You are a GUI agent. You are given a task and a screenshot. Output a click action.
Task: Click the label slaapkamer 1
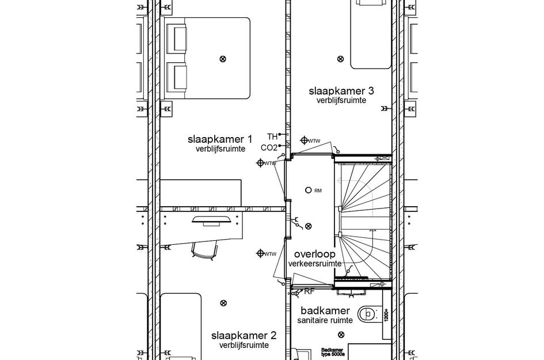pos(220,139)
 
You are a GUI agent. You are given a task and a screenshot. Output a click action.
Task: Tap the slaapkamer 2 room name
pos(244,335)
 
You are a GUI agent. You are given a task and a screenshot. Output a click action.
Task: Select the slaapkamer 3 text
pos(341,90)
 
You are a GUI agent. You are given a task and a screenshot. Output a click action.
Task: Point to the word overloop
pos(314,254)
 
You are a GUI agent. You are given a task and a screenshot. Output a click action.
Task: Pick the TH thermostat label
pos(272,136)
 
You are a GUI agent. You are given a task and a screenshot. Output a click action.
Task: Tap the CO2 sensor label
pos(269,147)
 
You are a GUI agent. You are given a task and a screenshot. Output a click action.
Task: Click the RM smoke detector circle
pos(309,190)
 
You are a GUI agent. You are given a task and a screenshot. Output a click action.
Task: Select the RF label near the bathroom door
pos(308,291)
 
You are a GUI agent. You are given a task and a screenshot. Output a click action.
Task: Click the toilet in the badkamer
pos(366,314)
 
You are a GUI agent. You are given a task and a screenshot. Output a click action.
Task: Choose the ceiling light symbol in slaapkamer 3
pos(340,58)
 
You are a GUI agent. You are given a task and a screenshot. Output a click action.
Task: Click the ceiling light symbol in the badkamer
pos(341,335)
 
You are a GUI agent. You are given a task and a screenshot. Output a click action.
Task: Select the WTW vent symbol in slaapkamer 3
pos(304,140)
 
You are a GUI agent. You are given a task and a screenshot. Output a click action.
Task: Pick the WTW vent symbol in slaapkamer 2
pos(260,253)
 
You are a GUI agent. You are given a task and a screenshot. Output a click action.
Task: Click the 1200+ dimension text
pos(386,314)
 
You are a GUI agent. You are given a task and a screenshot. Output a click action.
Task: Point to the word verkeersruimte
pos(315,264)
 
